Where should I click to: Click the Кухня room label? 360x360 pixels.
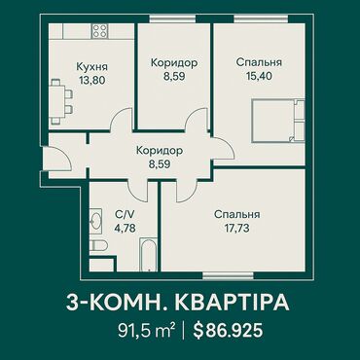pos(91,67)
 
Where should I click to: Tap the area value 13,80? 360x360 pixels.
pos(91,80)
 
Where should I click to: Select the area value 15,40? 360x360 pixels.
pos(259,76)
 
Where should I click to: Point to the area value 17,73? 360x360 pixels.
pos(236,229)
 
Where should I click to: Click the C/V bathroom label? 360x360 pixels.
pos(125,214)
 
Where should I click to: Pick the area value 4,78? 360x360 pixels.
pos(125,228)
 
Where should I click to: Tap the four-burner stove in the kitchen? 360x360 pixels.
pos(99,31)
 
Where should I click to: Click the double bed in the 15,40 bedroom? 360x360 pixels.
pos(278,121)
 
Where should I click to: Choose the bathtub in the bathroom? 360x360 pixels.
pos(148,255)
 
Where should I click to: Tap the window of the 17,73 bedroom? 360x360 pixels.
pos(228,275)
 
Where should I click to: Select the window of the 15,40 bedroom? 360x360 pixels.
pos(262,19)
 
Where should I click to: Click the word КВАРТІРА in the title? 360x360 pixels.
pos(232,303)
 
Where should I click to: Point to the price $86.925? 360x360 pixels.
pos(228,331)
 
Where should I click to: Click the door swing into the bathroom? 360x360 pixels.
pos(137,192)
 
